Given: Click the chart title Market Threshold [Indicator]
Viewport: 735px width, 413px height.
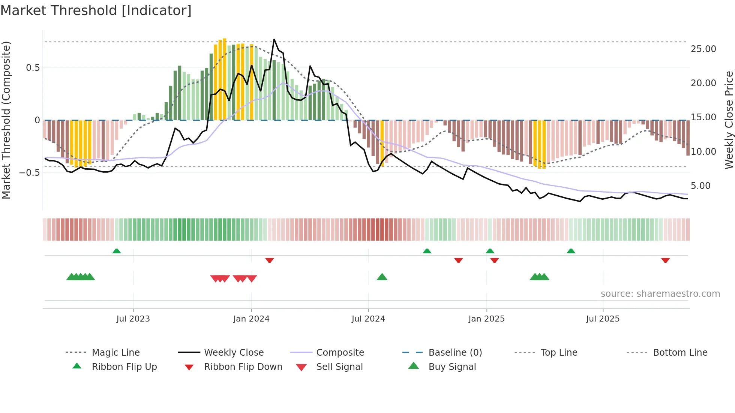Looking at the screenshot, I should (x=96, y=10).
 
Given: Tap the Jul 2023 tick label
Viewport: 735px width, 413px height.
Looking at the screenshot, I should (x=133, y=319).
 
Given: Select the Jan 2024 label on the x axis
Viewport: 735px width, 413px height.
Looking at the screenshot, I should (x=251, y=319).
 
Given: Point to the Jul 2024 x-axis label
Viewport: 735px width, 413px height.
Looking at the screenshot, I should (x=368, y=319).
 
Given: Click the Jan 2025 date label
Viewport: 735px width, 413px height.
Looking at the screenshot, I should (x=486, y=319).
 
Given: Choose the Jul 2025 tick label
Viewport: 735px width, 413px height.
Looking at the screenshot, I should (x=603, y=319).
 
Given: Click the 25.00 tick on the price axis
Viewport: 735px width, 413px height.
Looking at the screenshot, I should (x=703, y=49).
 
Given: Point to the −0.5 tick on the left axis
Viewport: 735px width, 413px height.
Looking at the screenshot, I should (x=29, y=173).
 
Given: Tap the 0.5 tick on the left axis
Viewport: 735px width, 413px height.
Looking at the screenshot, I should (x=33, y=68).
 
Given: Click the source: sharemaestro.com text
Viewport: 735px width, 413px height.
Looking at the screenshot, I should (x=660, y=294).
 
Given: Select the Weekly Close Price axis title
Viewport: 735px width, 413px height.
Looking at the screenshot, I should (x=729, y=120).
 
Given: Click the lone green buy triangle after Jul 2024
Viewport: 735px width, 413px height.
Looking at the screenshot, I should (x=382, y=277).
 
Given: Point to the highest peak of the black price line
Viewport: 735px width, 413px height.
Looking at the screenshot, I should (x=274, y=39).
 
